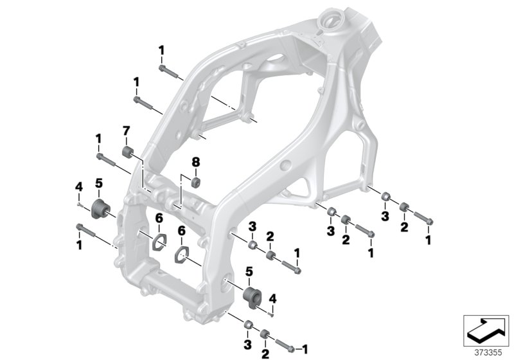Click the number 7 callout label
point(126,132)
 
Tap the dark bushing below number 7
point(128,153)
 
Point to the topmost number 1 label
point(162,50)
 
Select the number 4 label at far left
point(78,186)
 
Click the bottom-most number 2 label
point(265,353)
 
